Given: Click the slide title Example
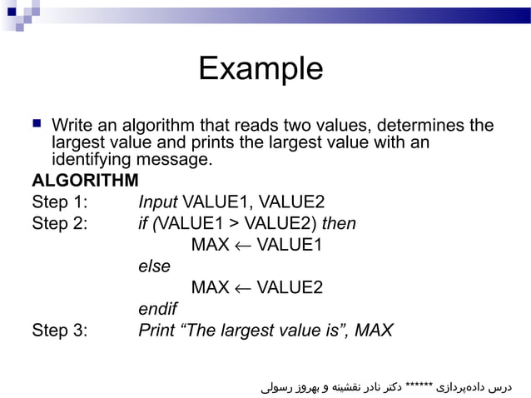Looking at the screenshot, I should coord(261,68).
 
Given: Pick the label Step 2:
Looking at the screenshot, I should coord(59,224).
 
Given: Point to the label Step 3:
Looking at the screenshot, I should coord(59,330).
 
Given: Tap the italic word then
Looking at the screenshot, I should coord(339,224).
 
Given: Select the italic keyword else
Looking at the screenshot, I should coord(154,266).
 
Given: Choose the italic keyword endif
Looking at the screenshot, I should coord(157,309).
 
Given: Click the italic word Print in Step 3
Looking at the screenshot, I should coord(156,330).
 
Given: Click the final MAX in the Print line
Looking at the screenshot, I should coord(374,330).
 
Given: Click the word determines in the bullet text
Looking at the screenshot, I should coord(399,127).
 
